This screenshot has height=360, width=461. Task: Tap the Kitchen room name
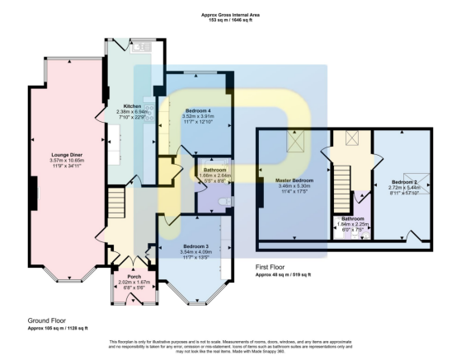[x=132, y=106]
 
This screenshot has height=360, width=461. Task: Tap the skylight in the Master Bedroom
[x=294, y=143]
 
